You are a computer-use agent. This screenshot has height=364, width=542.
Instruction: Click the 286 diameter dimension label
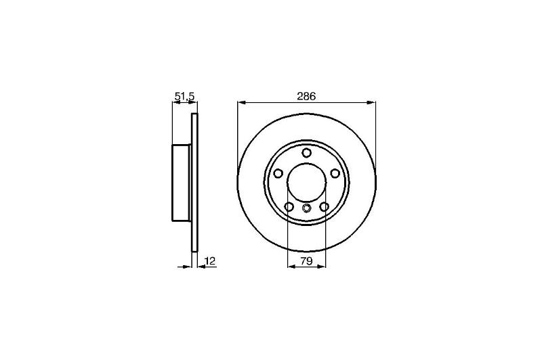307,96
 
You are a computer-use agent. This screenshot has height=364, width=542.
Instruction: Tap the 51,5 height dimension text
184,97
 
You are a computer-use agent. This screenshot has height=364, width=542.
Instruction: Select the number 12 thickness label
210,260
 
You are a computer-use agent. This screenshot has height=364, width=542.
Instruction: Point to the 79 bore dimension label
307,261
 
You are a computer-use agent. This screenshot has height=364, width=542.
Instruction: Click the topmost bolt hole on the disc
307,153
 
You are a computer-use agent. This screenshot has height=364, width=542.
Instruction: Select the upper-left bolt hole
278,173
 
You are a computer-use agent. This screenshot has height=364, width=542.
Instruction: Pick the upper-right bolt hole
335,173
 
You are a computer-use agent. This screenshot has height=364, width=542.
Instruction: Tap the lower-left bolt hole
289,207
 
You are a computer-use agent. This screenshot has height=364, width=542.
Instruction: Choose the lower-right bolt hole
325,207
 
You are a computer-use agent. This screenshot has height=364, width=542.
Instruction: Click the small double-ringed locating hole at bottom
307,208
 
